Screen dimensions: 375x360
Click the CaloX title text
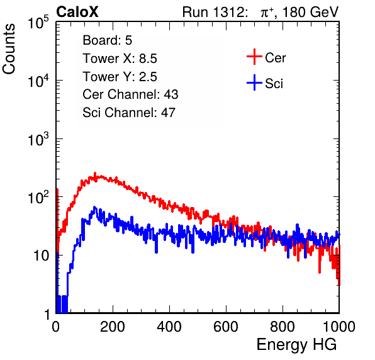[77, 12]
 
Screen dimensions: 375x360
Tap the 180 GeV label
[311, 12]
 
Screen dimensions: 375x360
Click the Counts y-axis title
[9, 49]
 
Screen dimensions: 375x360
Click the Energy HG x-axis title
[296, 345]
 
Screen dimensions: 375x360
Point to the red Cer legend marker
[254, 57]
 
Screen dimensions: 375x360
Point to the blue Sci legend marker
[254, 83]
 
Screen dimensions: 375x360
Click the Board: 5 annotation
[108, 40]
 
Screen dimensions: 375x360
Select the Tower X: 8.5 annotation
[120, 59]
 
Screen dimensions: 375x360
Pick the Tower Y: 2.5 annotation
[120, 77]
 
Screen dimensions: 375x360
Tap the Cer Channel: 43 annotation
[130, 94]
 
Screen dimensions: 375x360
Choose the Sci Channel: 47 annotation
[129, 113]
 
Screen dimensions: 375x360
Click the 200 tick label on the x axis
[113, 327]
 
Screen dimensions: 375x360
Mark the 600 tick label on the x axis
[226, 327]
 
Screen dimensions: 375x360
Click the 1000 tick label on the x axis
[339, 327]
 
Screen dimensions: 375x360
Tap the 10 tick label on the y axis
[41, 256]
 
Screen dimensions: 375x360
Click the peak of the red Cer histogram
[95, 173]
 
